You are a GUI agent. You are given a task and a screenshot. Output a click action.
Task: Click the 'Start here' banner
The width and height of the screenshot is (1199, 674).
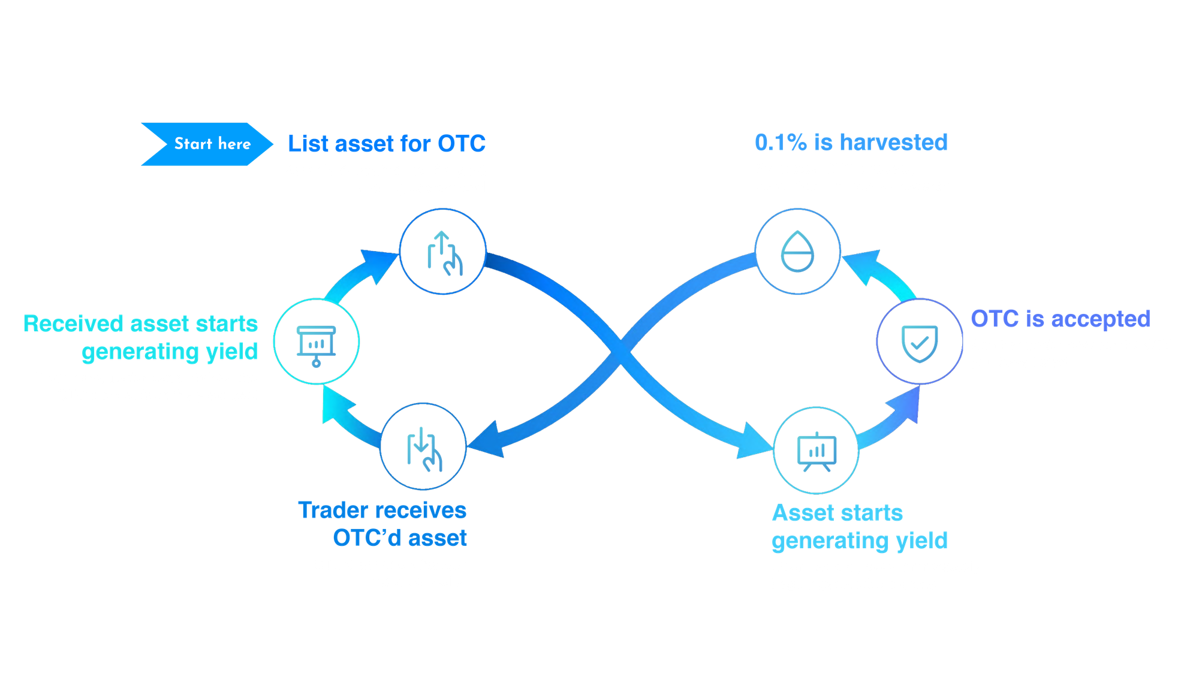click(x=207, y=144)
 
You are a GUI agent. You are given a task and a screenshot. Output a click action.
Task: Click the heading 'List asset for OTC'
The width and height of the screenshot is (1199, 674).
click(x=386, y=144)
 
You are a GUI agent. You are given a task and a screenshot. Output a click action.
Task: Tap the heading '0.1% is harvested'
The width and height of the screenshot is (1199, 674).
click(x=851, y=143)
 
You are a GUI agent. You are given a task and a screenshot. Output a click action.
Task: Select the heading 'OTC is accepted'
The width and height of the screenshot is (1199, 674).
click(x=1060, y=319)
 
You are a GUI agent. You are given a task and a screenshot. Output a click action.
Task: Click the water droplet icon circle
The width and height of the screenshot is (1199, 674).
click(x=797, y=252)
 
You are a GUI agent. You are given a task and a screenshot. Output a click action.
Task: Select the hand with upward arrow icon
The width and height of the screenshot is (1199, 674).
click(x=444, y=252)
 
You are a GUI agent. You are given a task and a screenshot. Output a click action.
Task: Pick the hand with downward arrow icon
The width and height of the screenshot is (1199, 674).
click(x=424, y=448)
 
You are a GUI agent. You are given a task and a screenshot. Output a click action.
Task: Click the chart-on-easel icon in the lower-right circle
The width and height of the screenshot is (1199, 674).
click(x=817, y=451)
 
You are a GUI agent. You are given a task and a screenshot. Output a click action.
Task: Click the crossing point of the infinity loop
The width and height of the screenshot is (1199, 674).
click(x=620, y=350)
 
